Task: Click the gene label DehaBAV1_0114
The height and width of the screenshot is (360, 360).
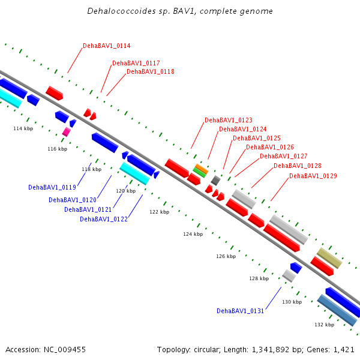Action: pyautogui.click(x=106, y=46)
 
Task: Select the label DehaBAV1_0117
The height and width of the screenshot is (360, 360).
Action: pyautogui.click(x=136, y=63)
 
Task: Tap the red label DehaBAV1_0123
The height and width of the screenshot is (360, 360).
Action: pyautogui.click(x=228, y=120)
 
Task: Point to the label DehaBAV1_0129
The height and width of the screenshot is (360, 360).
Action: pyautogui.click(x=313, y=176)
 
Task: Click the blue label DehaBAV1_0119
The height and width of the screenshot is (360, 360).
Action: pyautogui.click(x=52, y=187)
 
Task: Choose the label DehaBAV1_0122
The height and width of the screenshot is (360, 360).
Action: pyautogui.click(x=103, y=219)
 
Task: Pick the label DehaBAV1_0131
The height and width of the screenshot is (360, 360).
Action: pyautogui.click(x=240, y=311)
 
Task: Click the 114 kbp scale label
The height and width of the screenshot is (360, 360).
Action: pyautogui.click(x=23, y=129)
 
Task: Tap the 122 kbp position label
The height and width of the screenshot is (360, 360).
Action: pyautogui.click(x=160, y=212)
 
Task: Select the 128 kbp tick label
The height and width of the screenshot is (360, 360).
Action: pyautogui.click(x=259, y=278)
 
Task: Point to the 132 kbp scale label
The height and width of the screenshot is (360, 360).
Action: pyautogui.click(x=324, y=325)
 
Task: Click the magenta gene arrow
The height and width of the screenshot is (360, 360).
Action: pyautogui.click(x=66, y=131)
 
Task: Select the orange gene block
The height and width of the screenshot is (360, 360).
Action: pyautogui.click(x=201, y=169)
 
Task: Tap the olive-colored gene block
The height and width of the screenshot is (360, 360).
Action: pyautogui.click(x=329, y=257)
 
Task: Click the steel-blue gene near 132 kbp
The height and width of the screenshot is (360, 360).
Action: pyautogui.click(x=337, y=310)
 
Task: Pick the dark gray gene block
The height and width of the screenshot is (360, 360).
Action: pyautogui.click(x=215, y=180)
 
